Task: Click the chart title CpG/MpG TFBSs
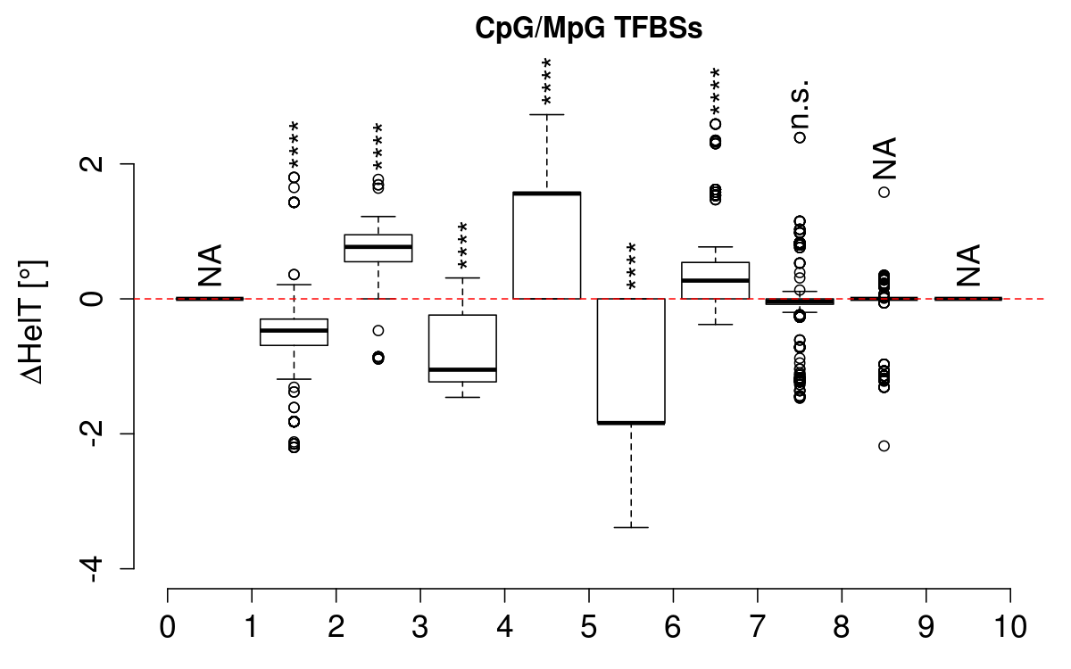pyautogui.click(x=588, y=29)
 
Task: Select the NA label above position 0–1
pyautogui.click(x=211, y=264)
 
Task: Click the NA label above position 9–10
pyautogui.click(x=968, y=264)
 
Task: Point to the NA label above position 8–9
pyautogui.click(x=884, y=158)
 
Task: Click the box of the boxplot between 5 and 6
pyautogui.click(x=631, y=361)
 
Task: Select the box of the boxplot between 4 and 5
pyautogui.click(x=546, y=245)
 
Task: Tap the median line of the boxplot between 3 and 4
pyautogui.click(x=462, y=369)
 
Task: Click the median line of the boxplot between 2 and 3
pyautogui.click(x=378, y=246)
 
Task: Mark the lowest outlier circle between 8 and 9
pyautogui.click(x=884, y=446)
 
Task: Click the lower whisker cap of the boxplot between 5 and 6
pyautogui.click(x=631, y=527)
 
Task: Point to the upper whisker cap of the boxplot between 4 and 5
pyautogui.click(x=546, y=115)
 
